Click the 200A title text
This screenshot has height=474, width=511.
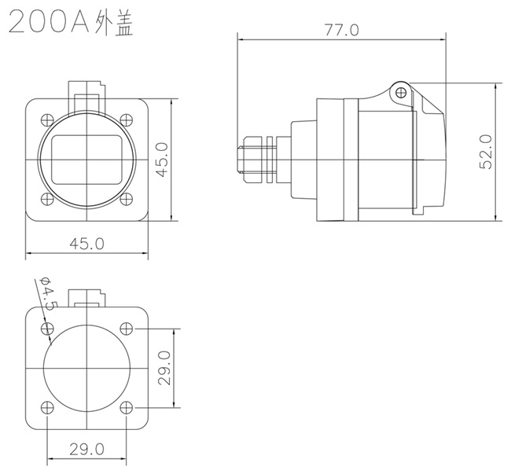coord(49,22)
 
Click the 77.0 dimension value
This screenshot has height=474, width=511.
coord(341,30)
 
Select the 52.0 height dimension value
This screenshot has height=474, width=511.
coord(486,152)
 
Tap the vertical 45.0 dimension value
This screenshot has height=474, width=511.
coord(162,160)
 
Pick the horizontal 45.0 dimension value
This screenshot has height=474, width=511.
coord(86,244)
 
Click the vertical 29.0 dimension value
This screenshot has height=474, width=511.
coord(164,368)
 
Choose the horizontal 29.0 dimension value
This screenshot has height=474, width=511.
coord(86,450)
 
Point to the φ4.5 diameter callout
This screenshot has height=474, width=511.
coord(49,294)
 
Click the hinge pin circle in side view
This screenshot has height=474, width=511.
coord(401,93)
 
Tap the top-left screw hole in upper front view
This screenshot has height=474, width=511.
coord(47,120)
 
